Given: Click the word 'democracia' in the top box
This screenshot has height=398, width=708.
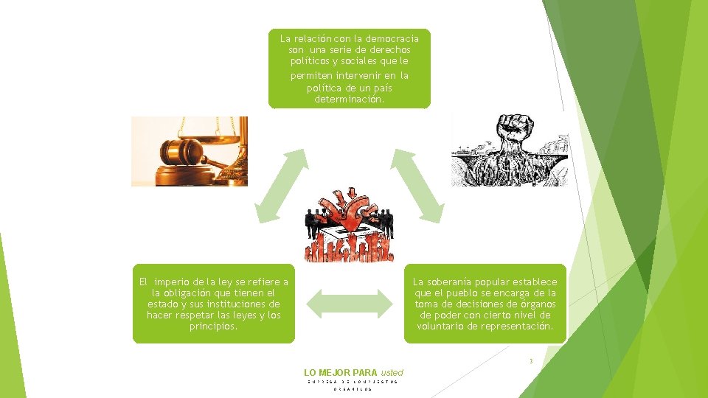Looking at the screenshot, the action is click(x=393, y=38).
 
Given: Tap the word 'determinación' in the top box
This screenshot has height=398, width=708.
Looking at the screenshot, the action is click(x=349, y=99).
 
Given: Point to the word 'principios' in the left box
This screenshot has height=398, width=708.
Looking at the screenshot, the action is click(x=213, y=326).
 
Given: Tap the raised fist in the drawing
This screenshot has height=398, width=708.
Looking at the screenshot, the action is click(x=509, y=133).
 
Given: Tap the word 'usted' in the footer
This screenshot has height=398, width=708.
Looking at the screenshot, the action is click(x=392, y=373).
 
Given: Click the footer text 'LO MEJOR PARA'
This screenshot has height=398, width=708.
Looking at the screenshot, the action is click(x=340, y=373).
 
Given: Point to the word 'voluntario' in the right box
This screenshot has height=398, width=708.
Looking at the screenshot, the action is click(x=441, y=326).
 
